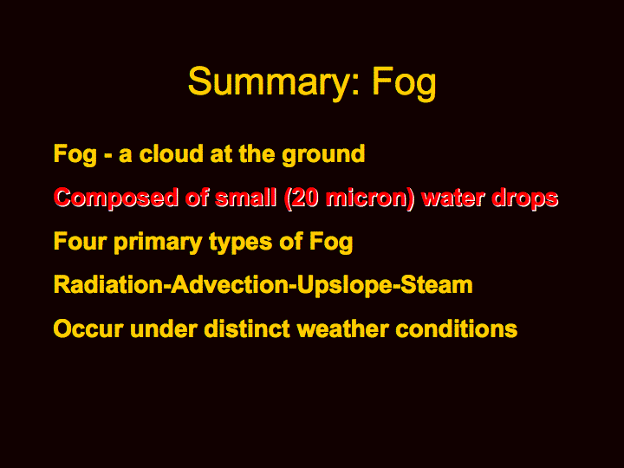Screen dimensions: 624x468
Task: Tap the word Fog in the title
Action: tap(405, 83)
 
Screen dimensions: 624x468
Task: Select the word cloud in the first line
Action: tap(171, 153)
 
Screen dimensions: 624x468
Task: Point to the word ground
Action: tap(323, 155)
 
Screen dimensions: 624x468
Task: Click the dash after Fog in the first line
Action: tap(107, 156)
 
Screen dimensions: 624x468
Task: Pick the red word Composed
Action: tap(116, 198)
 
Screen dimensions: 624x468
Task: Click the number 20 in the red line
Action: tap(302, 198)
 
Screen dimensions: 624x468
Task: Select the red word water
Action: tap(452, 198)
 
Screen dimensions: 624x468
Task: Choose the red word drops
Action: tap(525, 199)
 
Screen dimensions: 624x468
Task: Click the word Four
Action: tap(80, 241)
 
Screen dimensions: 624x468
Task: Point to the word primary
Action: tap(158, 243)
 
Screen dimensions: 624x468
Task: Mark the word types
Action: tap(240, 244)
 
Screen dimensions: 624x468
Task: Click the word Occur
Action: tap(88, 329)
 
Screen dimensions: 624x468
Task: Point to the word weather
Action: tap(342, 329)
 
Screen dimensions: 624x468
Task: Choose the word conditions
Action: tap(457, 329)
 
